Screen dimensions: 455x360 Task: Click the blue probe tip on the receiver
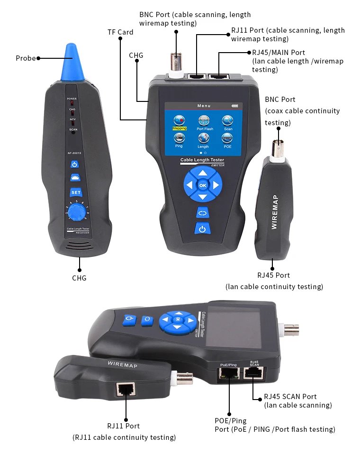[71, 55]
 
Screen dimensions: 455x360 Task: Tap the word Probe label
[26, 58]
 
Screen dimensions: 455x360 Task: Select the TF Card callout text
[120, 32]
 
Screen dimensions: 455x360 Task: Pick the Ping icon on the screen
[179, 138]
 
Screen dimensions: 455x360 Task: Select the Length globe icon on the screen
[203, 138]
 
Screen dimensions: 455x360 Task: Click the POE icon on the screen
[228, 138]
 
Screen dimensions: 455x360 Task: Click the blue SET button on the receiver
[76, 192]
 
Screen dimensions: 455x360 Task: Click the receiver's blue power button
[75, 165]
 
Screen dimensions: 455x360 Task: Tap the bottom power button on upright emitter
[203, 229]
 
